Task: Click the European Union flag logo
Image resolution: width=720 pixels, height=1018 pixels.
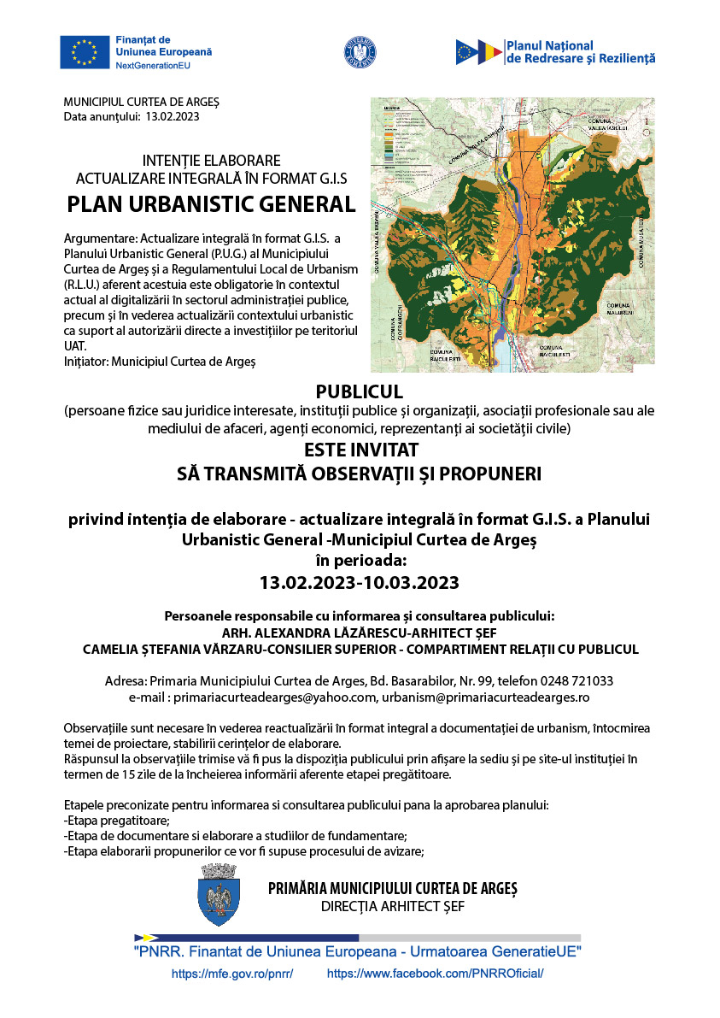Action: click(85, 52)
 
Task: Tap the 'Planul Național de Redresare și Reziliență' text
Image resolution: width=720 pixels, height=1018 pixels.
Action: click(580, 52)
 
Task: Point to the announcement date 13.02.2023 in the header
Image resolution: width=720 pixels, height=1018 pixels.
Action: click(173, 116)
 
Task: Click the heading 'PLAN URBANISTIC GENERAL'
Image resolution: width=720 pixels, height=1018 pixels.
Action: click(211, 205)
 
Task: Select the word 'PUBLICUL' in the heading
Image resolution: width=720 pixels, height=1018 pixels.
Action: click(359, 392)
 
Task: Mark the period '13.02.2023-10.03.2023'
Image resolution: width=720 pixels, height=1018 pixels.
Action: click(359, 583)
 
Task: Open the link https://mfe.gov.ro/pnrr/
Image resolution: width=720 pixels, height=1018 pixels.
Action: click(232, 974)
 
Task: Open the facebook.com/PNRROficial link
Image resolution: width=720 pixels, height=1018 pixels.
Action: click(435, 974)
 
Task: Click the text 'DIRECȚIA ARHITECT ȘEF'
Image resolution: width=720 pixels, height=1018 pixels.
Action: click(392, 906)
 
